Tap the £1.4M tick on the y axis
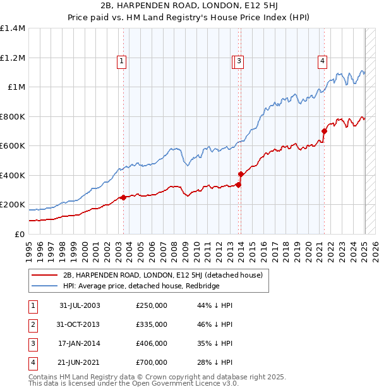(13, 28)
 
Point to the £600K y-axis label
(13, 146)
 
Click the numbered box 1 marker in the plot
(121, 61)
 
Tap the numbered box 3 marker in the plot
(240, 61)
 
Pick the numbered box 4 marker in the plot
(322, 61)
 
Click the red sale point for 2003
(123, 197)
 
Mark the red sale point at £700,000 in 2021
(324, 132)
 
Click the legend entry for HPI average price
(141, 285)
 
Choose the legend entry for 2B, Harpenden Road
(166, 275)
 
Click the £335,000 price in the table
(152, 324)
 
